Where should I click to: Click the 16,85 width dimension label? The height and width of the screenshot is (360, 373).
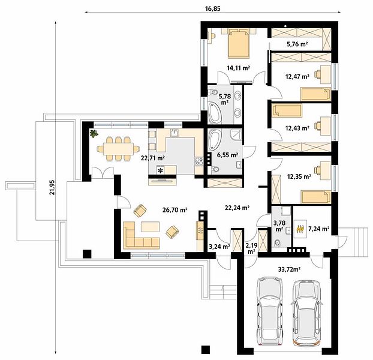[x=213, y=9]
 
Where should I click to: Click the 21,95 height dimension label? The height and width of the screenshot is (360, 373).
[x=52, y=187]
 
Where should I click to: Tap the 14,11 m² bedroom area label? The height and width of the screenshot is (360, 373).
[x=238, y=68]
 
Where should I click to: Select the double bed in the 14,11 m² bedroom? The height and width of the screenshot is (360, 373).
[x=239, y=44]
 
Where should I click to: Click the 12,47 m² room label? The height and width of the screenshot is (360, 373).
[x=297, y=77]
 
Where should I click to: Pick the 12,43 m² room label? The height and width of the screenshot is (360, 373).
[x=297, y=128]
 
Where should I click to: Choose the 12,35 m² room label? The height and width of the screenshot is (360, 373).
[x=299, y=176]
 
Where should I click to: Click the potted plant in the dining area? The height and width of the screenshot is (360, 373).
[x=94, y=133]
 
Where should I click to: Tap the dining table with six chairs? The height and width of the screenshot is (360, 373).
[x=118, y=149]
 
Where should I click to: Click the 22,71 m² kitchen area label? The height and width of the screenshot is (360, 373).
[x=153, y=158]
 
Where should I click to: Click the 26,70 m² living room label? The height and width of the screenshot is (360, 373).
[x=175, y=210]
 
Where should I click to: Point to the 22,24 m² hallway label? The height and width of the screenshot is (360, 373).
[x=237, y=208]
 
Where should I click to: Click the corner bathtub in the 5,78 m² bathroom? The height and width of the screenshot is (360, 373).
[x=215, y=112]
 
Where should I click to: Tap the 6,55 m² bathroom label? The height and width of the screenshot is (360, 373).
[x=228, y=155]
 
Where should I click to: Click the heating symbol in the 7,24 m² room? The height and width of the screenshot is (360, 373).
[x=300, y=229]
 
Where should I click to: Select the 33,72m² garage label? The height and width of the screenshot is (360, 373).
[x=289, y=269]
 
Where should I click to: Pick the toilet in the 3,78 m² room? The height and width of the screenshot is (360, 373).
[x=276, y=243]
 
